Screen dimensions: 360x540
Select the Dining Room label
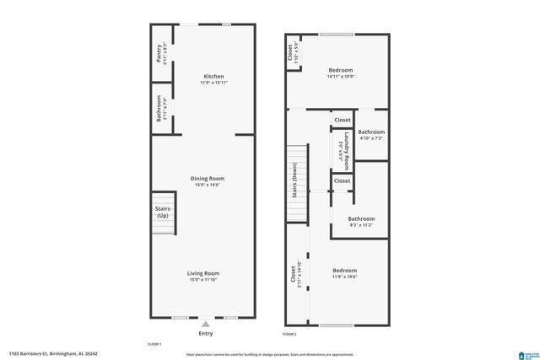pos(207,179)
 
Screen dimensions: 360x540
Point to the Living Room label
pos(203,273)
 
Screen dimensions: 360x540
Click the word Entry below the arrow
pos(205,333)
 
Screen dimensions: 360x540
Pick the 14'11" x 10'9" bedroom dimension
pos(340,77)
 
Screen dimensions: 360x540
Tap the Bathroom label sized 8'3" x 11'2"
pos(361,225)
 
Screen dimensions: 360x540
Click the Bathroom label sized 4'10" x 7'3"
pos(371,138)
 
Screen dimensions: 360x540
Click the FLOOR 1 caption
pos(155,344)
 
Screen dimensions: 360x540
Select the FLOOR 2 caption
pos(289,335)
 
